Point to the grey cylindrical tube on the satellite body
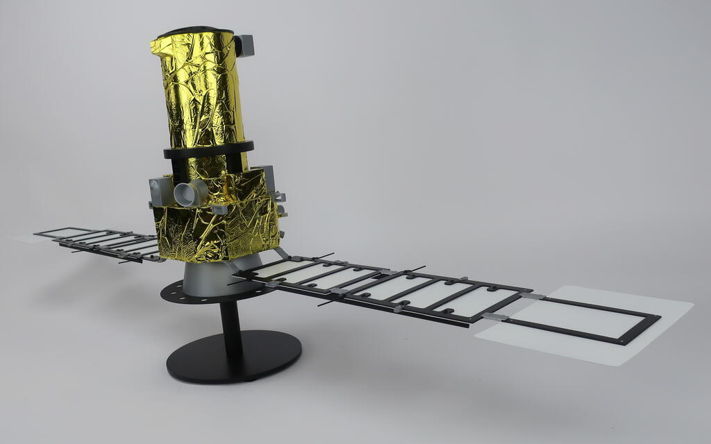coord(189,194)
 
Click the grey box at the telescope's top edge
coord(244,45)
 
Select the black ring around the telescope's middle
coord(208,151)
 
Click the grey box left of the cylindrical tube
coord(160,190)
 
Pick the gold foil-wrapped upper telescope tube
coord(201,90)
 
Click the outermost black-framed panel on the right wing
coord(583,319)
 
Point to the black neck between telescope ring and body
coord(208,165)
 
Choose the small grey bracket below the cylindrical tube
coord(219,209)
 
